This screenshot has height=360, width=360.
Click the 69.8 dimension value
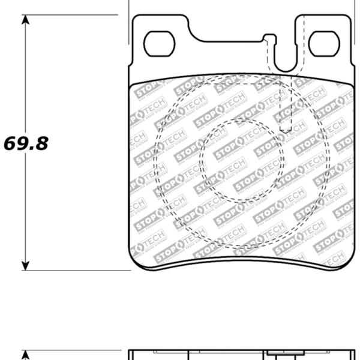coord(26,143)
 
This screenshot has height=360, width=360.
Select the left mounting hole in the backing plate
coord(160,44)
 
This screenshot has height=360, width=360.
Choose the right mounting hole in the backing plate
coord(324,44)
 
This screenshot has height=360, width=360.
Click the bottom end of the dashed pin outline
coord(287,131)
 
